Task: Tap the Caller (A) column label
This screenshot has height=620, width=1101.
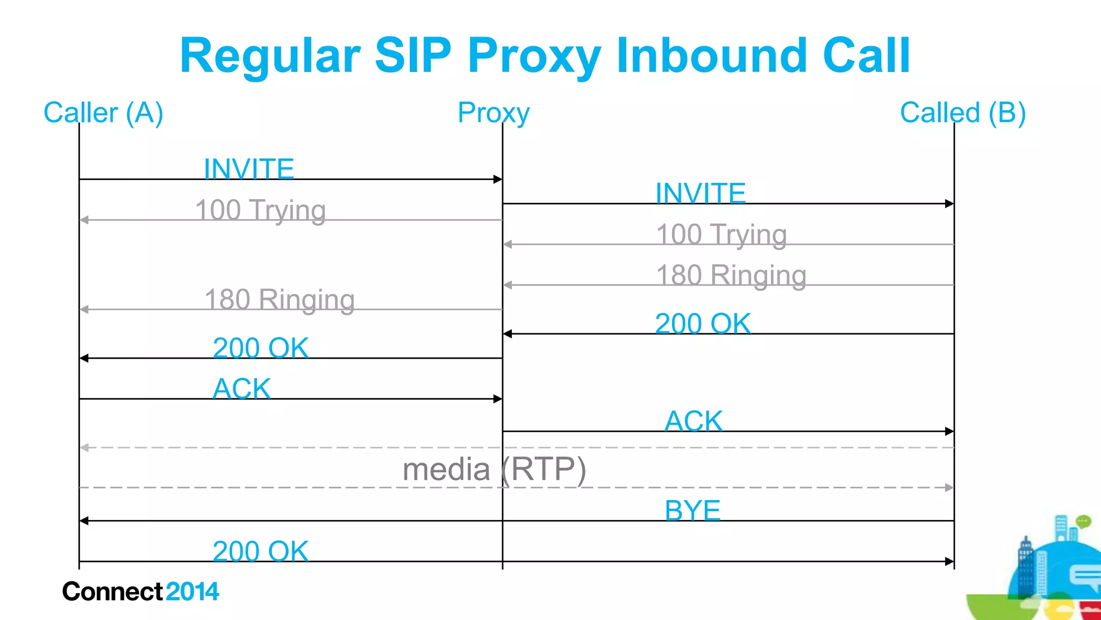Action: pyautogui.click(x=103, y=113)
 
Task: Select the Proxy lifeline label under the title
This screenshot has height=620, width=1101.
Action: pyautogui.click(x=494, y=113)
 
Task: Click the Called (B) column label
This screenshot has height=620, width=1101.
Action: pyautogui.click(x=963, y=113)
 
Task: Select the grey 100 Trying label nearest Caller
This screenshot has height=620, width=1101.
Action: pyautogui.click(x=260, y=210)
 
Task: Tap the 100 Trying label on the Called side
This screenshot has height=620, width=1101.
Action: pyautogui.click(x=721, y=234)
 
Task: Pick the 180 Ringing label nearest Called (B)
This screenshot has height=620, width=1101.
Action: pyautogui.click(x=731, y=275)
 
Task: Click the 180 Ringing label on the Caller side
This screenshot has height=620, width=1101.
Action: pyautogui.click(x=280, y=300)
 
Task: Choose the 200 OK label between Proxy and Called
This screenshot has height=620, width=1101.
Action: pyautogui.click(x=703, y=324)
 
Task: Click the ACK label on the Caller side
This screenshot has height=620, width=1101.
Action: pyautogui.click(x=242, y=388)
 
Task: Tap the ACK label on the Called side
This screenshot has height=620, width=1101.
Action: pyautogui.click(x=694, y=421)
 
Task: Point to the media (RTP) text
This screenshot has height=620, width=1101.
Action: pyautogui.click(x=494, y=469)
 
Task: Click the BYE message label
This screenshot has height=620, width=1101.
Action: pyautogui.click(x=692, y=510)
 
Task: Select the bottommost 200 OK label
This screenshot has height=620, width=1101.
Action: pyautogui.click(x=261, y=551)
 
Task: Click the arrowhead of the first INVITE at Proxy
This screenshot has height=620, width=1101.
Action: pyautogui.click(x=498, y=179)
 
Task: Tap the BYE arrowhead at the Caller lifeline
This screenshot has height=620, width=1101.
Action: pyautogui.click(x=84, y=521)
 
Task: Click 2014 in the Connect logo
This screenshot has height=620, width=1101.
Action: pyautogui.click(x=192, y=592)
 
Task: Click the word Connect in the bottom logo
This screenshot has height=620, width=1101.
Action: pyautogui.click(x=112, y=592)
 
